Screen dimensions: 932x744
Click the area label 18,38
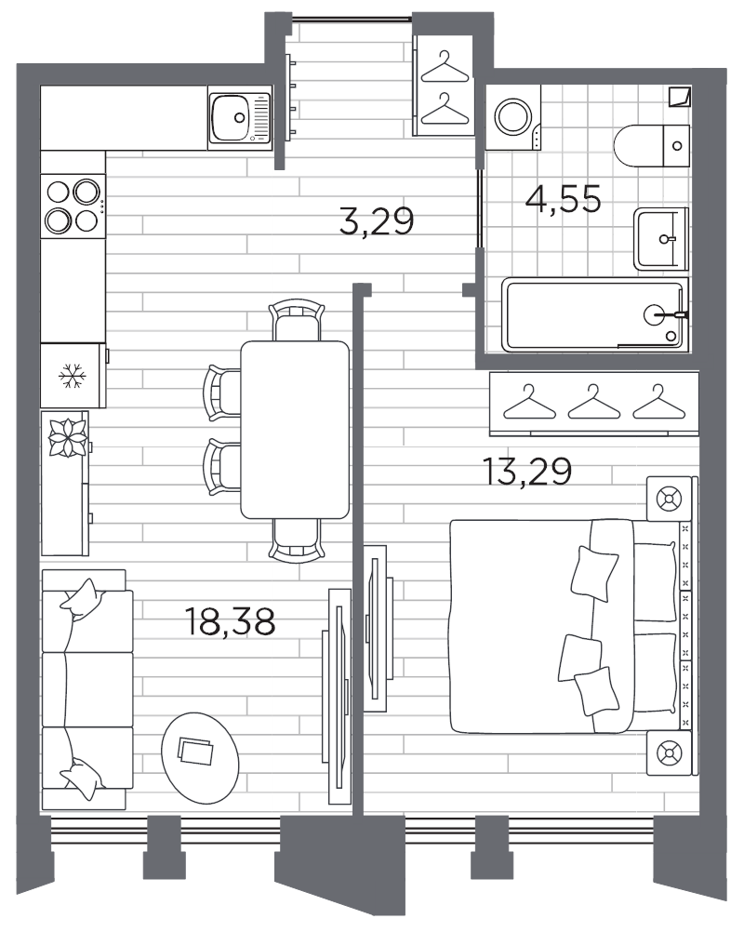pos(231,621)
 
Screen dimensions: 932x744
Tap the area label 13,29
pos(526,471)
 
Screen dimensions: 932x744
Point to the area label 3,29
pos(375,222)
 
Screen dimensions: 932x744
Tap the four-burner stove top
pos(73,206)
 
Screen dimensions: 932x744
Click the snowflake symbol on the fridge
pos(72,376)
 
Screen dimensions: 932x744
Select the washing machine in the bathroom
pos(512,117)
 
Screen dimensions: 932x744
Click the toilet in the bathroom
pos(651,144)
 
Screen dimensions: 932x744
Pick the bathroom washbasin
pos(661,239)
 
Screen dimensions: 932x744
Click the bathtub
pos(595,315)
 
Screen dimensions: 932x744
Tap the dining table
pos(295,429)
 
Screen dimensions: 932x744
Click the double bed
pos(567,625)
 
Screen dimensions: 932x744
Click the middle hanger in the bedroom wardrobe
pos(593,403)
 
